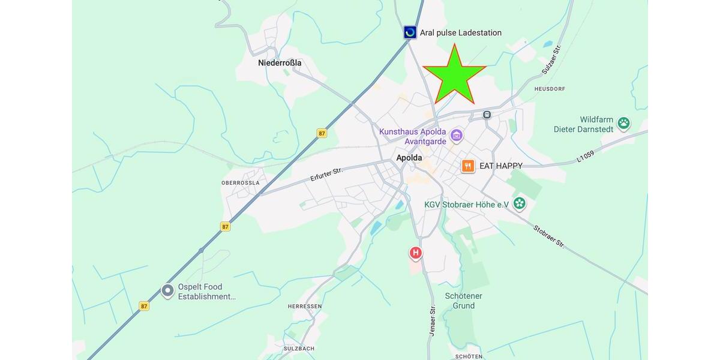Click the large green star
[454, 76]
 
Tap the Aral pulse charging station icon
[410, 32]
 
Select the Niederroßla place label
[280, 62]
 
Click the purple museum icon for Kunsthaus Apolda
[457, 136]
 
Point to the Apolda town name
[409, 158]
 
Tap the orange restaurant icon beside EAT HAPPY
[468, 166]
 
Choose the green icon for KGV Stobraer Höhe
[520, 204]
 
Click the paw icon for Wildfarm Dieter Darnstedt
[624, 124]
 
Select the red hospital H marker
[415, 253]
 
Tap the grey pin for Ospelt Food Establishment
[167, 291]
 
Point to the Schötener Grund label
[464, 301]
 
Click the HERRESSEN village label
[305, 306]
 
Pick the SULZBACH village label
[299, 349]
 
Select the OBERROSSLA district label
[241, 182]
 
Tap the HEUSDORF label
[549, 89]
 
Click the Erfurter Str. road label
[326, 175]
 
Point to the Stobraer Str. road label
[549, 236]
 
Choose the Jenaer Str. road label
[432, 320]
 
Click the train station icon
[487, 115]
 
